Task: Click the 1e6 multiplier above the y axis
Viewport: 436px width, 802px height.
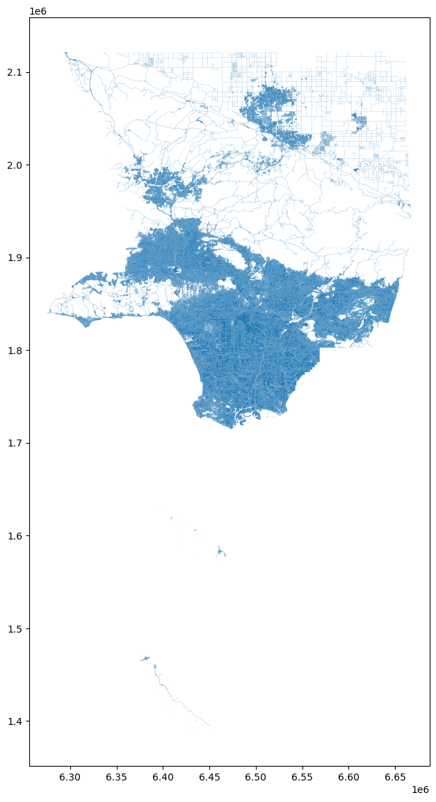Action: [x=38, y=11]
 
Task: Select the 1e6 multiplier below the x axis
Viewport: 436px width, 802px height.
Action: [x=420, y=790]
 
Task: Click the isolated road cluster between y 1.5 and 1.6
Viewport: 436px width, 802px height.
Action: [x=220, y=552]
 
